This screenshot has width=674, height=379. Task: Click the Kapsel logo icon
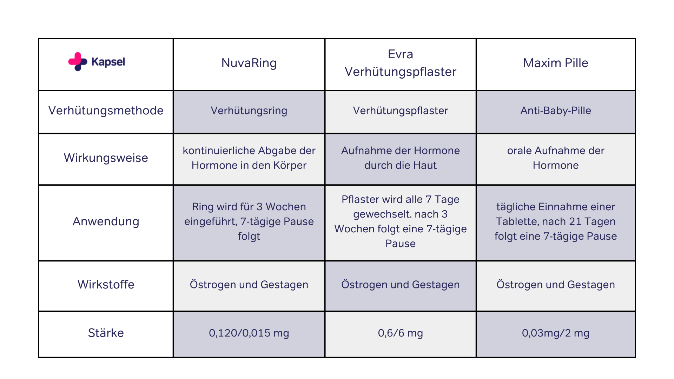(x=78, y=62)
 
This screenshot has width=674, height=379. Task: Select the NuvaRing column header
(x=249, y=63)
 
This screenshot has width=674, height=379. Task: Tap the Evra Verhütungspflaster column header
(x=401, y=63)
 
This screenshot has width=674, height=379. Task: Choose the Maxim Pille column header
(x=556, y=63)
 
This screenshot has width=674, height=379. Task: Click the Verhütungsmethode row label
(x=106, y=111)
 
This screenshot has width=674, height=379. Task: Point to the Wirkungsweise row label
(x=106, y=158)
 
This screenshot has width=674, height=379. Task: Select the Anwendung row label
(x=106, y=221)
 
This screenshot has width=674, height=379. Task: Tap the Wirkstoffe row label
(x=106, y=284)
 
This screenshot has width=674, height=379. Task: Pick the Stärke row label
(x=106, y=333)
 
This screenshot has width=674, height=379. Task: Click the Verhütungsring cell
(x=249, y=111)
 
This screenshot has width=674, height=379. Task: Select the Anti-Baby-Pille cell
(x=556, y=111)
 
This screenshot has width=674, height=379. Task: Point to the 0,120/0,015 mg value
(x=249, y=333)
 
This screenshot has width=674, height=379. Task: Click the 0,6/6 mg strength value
(x=401, y=333)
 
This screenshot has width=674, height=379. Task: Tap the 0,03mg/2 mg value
(x=556, y=333)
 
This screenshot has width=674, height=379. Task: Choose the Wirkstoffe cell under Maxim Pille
(x=556, y=285)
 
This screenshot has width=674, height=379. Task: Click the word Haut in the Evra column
(x=426, y=165)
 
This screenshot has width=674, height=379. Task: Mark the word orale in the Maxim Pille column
(x=520, y=151)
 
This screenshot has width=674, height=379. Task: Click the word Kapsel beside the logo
(x=108, y=62)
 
